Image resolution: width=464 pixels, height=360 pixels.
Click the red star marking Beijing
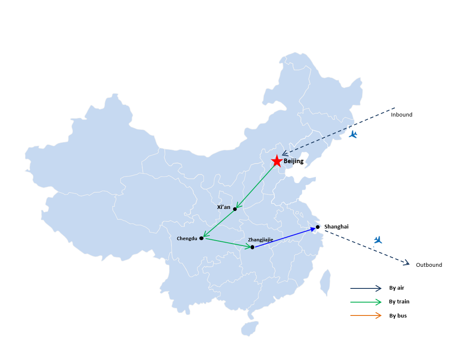click(x=277, y=161)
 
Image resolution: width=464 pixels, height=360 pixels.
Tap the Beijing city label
click(x=293, y=161)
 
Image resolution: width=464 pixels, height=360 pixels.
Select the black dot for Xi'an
click(x=235, y=209)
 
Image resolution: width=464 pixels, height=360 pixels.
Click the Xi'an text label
click(x=224, y=207)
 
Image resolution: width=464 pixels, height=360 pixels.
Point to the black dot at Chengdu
click(x=201, y=238)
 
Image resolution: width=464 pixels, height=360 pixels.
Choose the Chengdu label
click(x=187, y=238)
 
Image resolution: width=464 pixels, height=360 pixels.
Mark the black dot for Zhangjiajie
click(x=253, y=247)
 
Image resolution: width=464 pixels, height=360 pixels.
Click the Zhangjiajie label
click(x=261, y=240)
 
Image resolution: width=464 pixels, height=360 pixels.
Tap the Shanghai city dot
click(x=318, y=227)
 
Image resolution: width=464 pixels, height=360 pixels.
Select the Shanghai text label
click(x=337, y=227)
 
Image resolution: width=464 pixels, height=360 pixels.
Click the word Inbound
click(x=402, y=114)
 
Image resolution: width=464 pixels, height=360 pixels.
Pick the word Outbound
click(x=429, y=265)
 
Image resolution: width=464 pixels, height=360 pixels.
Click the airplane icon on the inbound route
click(x=353, y=134)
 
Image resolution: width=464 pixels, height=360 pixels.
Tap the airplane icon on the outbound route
click(x=378, y=240)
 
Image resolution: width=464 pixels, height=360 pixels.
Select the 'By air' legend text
click(x=397, y=288)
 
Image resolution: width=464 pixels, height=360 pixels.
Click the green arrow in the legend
click(x=366, y=302)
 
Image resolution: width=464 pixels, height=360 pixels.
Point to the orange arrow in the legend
click(x=366, y=315)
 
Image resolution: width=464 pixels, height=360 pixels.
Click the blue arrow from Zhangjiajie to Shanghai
click(x=285, y=238)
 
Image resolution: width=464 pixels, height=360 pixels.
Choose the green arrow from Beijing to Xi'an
click(x=256, y=186)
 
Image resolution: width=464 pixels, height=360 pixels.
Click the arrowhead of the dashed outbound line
click(x=407, y=262)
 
